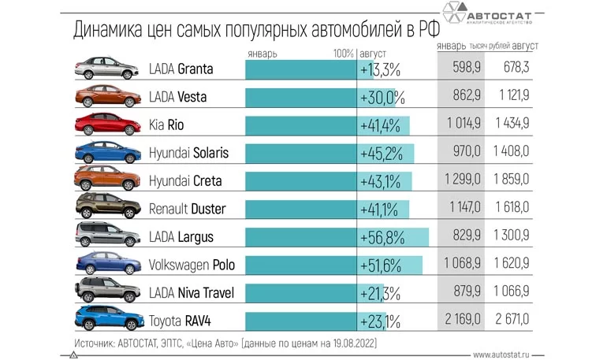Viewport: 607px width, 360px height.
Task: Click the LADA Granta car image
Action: [104, 69]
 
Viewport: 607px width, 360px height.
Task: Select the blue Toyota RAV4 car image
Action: [104, 321]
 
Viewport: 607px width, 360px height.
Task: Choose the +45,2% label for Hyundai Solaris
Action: [382, 153]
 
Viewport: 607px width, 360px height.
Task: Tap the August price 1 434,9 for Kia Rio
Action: [520, 125]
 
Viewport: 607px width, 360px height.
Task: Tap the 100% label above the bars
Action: [343, 54]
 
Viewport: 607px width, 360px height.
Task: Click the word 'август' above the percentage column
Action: [373, 54]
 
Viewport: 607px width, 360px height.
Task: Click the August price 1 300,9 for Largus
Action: [520, 237]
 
